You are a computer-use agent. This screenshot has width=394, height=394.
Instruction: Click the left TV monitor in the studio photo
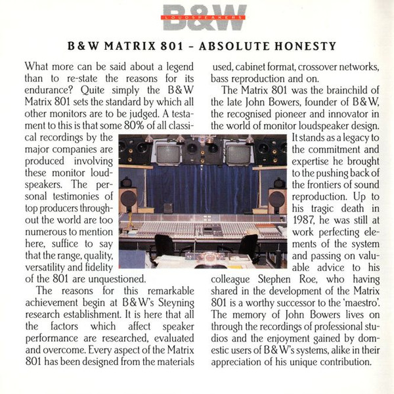tap(169, 154)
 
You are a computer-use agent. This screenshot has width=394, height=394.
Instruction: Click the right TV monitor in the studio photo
tap(238, 154)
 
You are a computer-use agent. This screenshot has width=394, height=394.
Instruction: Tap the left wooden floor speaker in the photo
tap(129, 200)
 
